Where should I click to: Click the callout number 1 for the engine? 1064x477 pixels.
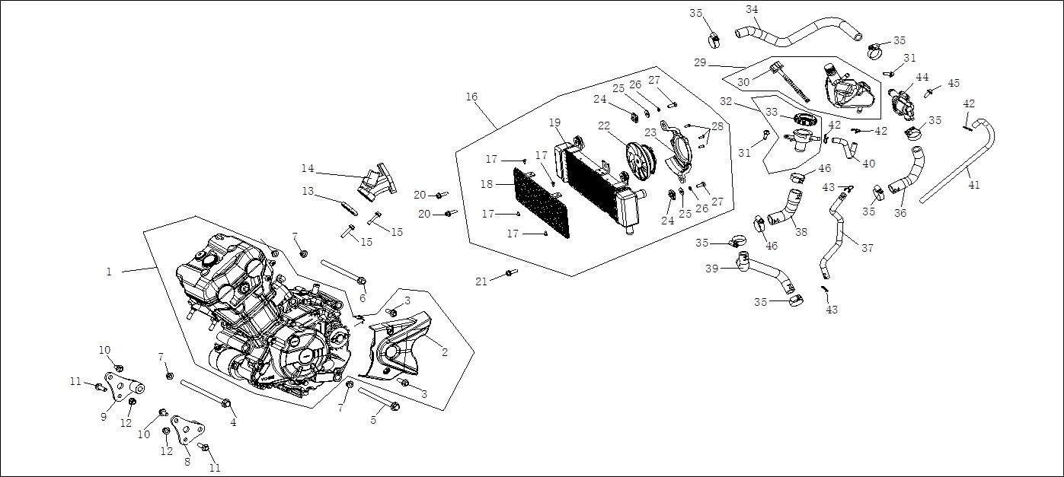tap(109, 272)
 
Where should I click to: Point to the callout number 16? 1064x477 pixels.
tap(471, 97)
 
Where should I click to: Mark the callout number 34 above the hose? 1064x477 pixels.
tap(752, 9)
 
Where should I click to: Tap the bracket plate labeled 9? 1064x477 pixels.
tap(116, 386)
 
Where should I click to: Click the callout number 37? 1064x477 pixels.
tap(867, 247)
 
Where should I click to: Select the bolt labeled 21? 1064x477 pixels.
tap(509, 272)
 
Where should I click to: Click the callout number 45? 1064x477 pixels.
tap(954, 83)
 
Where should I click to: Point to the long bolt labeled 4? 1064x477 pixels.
tap(205, 394)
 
